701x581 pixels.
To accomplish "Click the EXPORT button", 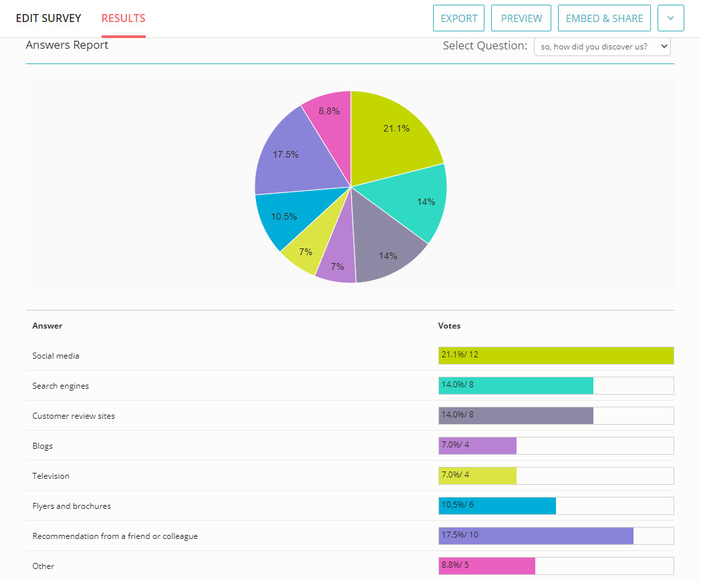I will pyautogui.click(x=458, y=18).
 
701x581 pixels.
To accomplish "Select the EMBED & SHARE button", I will pyautogui.click(x=604, y=18).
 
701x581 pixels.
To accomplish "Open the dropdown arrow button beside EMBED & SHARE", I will pyautogui.click(x=670, y=18).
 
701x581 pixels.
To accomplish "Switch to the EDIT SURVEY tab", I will pyautogui.click(x=49, y=18).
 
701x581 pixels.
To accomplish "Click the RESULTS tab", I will pyautogui.click(x=123, y=18).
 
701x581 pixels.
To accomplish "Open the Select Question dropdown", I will pyautogui.click(x=601, y=47).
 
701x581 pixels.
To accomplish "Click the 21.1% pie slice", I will pyautogui.click(x=394, y=134).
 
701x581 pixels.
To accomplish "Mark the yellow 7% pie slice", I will pyautogui.click(x=304, y=254).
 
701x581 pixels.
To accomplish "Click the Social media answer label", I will pyautogui.click(x=55, y=356).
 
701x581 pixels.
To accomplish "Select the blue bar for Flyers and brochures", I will pyautogui.click(x=497, y=506).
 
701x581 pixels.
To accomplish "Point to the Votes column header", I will pyautogui.click(x=449, y=326).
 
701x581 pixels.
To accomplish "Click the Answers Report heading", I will pyautogui.click(x=67, y=45).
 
